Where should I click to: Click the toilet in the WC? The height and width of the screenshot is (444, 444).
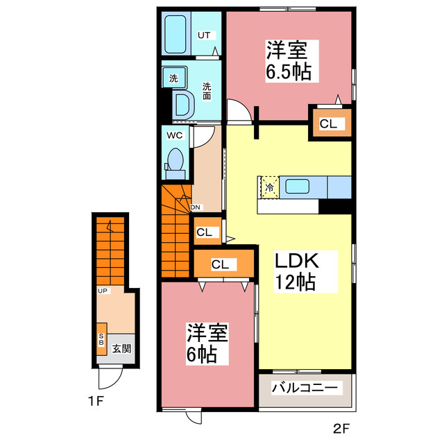[176, 161]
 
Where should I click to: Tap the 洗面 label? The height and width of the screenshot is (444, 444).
[207, 92]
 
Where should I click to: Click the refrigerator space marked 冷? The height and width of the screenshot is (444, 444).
[268, 186]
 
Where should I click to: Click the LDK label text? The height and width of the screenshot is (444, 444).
[297, 262]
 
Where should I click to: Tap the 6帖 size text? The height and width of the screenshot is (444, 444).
[201, 355]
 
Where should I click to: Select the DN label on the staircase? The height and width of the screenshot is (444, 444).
[196, 207]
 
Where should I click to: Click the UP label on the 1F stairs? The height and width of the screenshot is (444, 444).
[102, 291]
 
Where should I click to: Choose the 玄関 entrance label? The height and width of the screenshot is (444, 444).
[121, 349]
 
